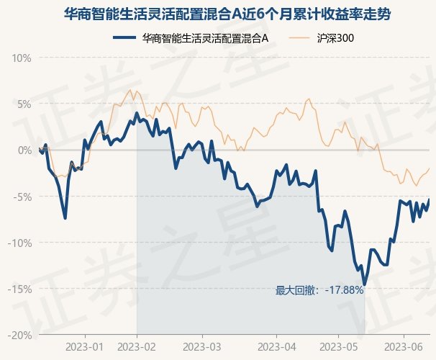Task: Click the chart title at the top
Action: coord(227,14)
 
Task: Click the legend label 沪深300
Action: coord(335,38)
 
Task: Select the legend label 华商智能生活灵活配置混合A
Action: coord(205,38)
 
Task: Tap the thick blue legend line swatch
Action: coord(124,37)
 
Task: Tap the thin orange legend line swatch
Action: coord(299,38)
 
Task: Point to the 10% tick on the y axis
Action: coord(22,58)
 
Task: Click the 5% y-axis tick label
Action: coord(24,104)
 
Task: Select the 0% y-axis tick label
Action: coord(24,150)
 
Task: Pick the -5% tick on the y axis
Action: coord(22,197)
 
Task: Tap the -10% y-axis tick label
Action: coord(19,243)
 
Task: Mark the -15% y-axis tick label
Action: coord(19,289)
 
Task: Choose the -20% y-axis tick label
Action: coord(19,336)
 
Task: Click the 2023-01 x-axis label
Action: coord(84,347)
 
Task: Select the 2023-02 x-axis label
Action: coord(137,347)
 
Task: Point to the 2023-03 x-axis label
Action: coord(202,347)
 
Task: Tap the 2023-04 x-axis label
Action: coord(277,347)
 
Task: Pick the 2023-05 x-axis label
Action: coord(338,347)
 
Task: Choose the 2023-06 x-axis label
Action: coord(404,347)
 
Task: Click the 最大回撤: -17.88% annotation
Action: coord(319,290)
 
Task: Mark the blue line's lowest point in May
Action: coord(365,284)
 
